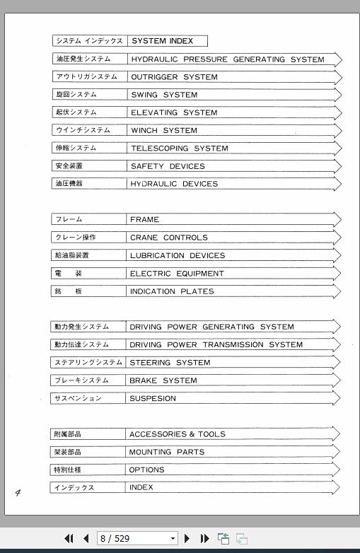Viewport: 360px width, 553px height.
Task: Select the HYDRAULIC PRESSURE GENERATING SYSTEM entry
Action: pos(228,59)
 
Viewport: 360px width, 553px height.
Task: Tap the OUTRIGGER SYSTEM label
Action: pos(174,77)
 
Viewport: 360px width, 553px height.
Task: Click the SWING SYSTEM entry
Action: pos(164,95)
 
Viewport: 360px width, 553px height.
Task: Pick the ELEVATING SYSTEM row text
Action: pos(174,112)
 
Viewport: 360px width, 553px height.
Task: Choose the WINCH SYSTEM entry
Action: pos(164,130)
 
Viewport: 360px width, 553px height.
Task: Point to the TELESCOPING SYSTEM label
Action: pos(179,149)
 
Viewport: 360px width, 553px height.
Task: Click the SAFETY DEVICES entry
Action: pos(168,166)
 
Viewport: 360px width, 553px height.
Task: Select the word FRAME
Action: pos(144,220)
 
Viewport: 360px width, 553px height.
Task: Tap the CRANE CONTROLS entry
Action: pos(168,238)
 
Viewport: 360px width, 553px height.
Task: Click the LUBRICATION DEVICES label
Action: pos(177,255)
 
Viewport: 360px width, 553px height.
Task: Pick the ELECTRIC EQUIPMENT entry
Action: pos(177,274)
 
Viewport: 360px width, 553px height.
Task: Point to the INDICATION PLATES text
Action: pos(171,291)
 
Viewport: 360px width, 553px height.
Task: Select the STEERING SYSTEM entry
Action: pos(170,363)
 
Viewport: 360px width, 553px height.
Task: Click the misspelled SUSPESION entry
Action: pos(153,398)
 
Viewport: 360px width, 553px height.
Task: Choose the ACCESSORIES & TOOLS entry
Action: pos(177,434)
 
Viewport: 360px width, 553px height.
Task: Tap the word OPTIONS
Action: pos(146,470)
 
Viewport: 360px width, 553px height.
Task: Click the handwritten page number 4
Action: pos(18,492)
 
